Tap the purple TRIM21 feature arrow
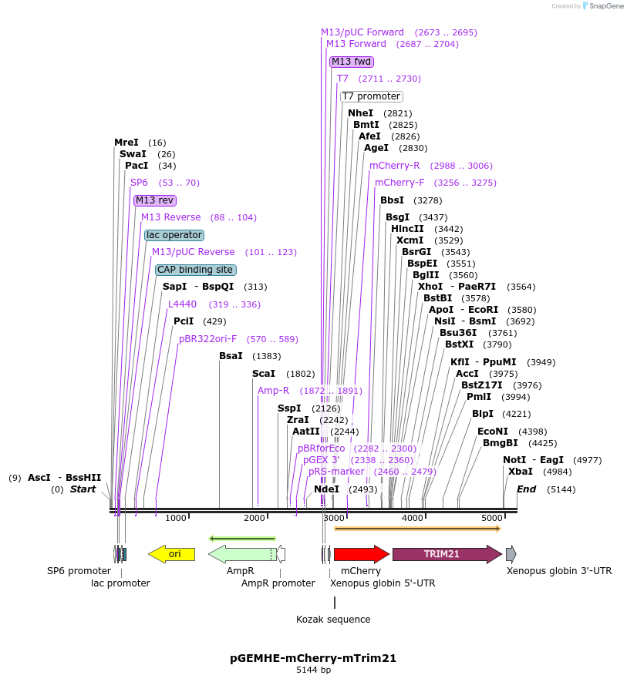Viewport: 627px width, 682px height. [x=447, y=553]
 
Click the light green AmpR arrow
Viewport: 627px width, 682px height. [x=241, y=553]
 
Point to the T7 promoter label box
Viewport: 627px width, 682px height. [x=371, y=96]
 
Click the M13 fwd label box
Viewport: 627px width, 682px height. [x=352, y=62]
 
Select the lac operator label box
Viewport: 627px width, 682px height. [x=174, y=235]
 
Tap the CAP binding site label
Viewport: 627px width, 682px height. [x=196, y=270]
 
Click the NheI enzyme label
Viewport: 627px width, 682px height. [x=360, y=113]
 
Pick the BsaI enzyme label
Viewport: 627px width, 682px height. [x=231, y=356]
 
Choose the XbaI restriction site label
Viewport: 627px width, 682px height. [x=520, y=472]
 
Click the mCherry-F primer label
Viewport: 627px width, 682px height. [x=399, y=183]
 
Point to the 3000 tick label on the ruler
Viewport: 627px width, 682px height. [x=333, y=518]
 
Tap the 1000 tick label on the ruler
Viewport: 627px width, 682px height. [x=176, y=518]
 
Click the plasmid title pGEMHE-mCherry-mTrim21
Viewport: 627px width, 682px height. [x=313, y=658]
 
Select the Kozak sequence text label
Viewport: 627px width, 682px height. [x=333, y=620]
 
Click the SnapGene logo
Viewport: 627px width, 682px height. [x=602, y=5]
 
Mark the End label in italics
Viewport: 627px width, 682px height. [x=526, y=489]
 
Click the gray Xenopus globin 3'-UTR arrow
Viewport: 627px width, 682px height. [x=511, y=553]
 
